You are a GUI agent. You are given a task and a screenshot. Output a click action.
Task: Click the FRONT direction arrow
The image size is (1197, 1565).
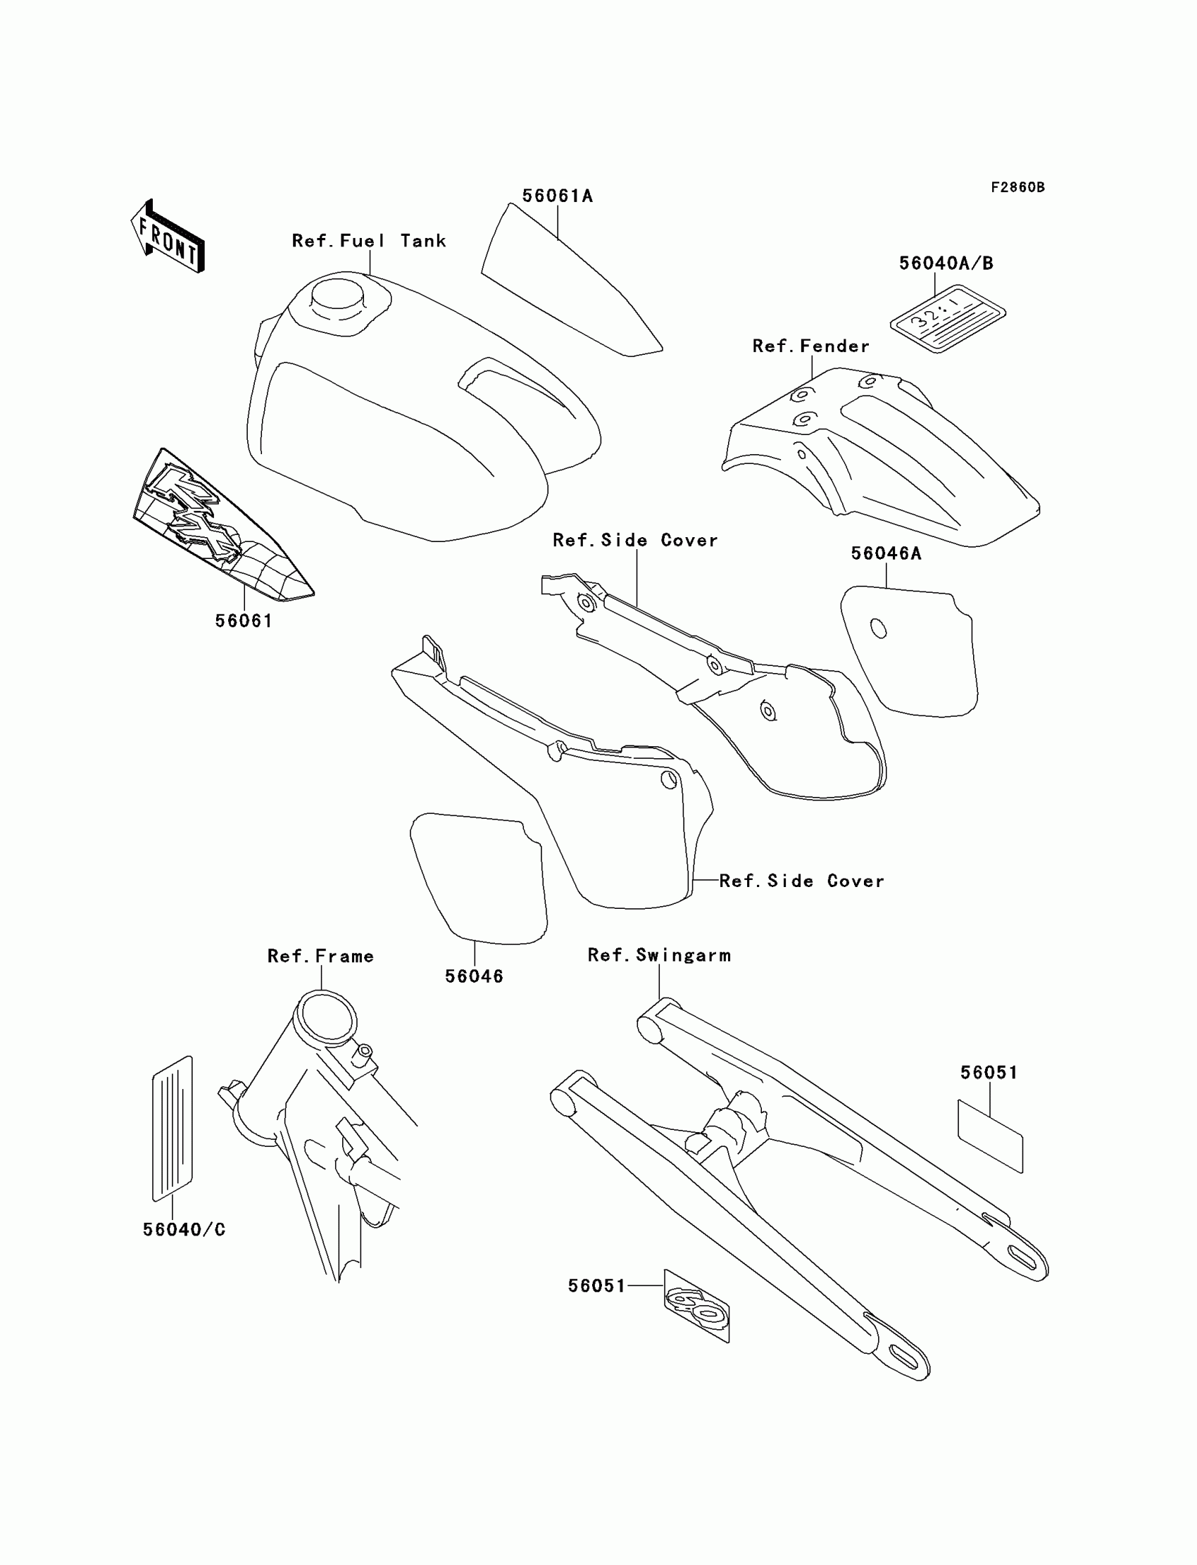pos(168,237)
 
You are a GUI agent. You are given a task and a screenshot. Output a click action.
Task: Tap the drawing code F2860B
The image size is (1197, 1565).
pos(1017,187)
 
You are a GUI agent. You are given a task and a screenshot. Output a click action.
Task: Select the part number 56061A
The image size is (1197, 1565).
pos(557,196)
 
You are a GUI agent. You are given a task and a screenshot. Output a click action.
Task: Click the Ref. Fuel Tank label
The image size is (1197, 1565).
pos(369,241)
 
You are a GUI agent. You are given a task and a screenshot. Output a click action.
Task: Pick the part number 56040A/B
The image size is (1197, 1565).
pos(946,263)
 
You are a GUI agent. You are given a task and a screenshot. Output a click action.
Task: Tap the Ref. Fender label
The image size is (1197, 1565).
pos(811,346)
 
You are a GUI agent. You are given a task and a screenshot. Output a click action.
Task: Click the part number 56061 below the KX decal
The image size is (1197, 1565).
pos(244,621)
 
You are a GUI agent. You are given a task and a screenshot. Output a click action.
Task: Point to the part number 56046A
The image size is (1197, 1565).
pos(886,553)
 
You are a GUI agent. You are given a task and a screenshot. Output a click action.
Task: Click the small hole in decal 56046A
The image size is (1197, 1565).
pos(879,629)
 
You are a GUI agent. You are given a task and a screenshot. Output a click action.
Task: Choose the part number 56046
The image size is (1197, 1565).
pos(474,976)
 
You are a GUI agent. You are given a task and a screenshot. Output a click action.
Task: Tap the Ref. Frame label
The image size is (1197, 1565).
pos(320,956)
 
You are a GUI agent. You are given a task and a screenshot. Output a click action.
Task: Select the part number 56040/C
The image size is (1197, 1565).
pos(184,1229)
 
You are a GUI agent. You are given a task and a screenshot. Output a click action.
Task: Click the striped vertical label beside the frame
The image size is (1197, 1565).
pos(173,1129)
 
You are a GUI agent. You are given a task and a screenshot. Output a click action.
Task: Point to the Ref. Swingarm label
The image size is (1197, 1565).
pos(659,955)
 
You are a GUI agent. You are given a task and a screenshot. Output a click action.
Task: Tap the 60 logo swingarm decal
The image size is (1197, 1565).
pos(696,1305)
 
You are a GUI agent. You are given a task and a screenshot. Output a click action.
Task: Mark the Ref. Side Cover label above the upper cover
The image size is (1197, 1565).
pos(635,541)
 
